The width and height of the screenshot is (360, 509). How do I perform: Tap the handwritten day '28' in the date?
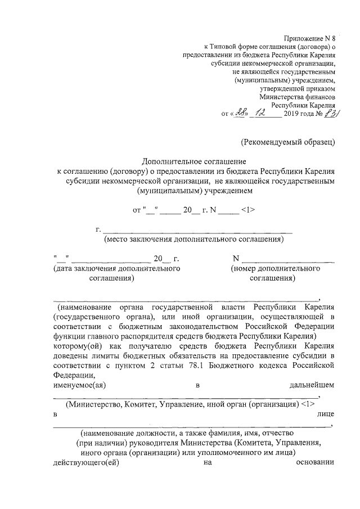pos(242,112)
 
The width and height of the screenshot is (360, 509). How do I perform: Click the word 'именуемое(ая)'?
pos(79,385)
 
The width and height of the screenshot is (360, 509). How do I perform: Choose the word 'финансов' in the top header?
pos(319,96)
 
